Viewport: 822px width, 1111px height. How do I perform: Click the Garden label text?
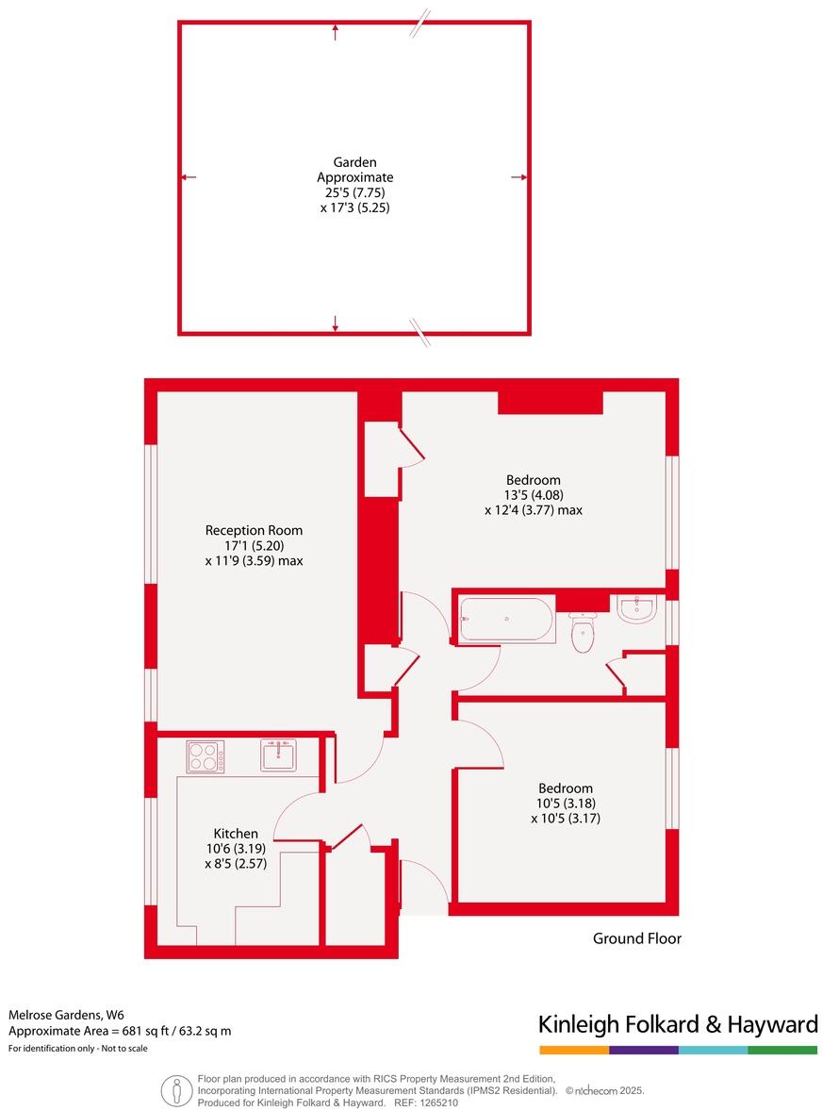pos(354,161)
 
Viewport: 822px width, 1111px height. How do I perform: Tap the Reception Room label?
pos(254,530)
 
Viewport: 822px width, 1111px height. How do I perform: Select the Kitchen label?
pos(235,834)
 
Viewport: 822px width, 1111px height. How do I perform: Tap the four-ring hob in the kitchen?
pos(205,756)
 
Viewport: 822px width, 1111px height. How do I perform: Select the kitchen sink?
pos(278,754)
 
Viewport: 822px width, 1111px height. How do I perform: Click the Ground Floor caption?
pos(636,938)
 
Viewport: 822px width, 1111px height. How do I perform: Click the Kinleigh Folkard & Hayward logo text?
pos(677,1025)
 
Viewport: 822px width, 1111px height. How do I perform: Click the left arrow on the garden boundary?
pos(188,177)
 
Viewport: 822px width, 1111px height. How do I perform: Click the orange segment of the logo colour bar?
pos(573,1050)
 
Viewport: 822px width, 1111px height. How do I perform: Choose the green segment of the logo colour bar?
pos(782,1050)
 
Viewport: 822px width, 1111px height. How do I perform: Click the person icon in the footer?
pos(176,1090)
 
